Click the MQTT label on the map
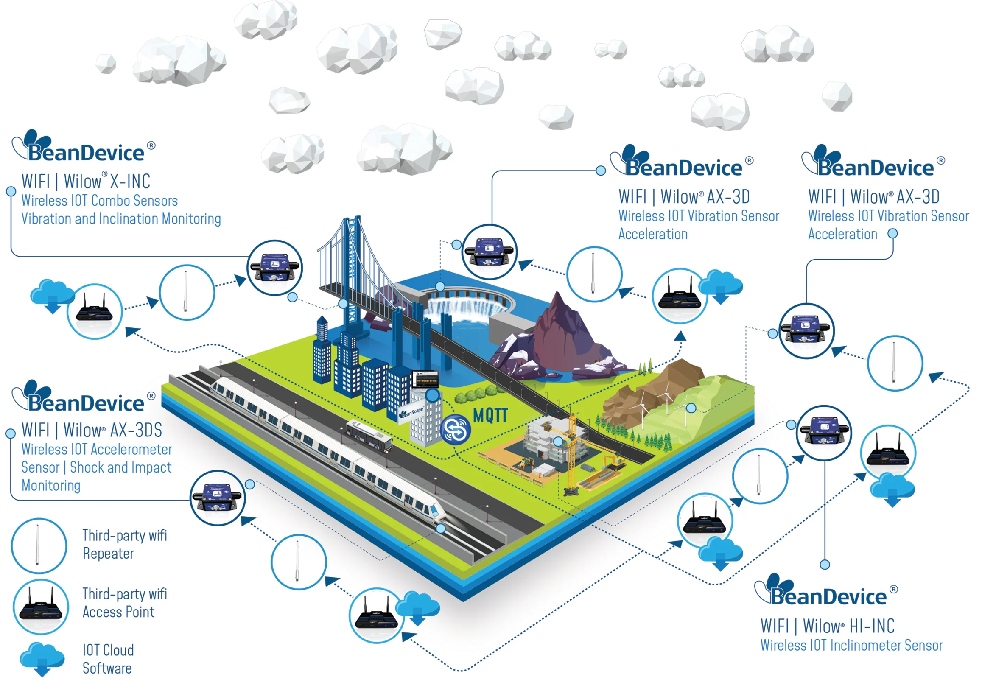coord(490,415)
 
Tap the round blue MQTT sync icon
coord(456,429)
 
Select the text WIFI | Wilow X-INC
coord(86,181)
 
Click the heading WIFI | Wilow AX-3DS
coord(92,430)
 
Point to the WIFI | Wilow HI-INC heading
coord(827,626)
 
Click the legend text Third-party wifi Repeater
coord(124,544)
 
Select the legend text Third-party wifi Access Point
coord(124,603)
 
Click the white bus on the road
coord(369,435)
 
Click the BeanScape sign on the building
coord(412,413)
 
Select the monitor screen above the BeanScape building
coord(425,379)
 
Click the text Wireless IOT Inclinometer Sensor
coord(851,645)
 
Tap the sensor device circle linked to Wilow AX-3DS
coord(218,498)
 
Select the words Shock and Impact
coord(120,467)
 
